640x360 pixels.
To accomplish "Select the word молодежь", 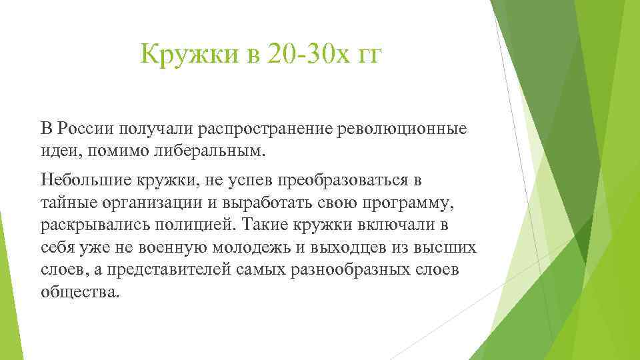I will click(249, 248).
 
